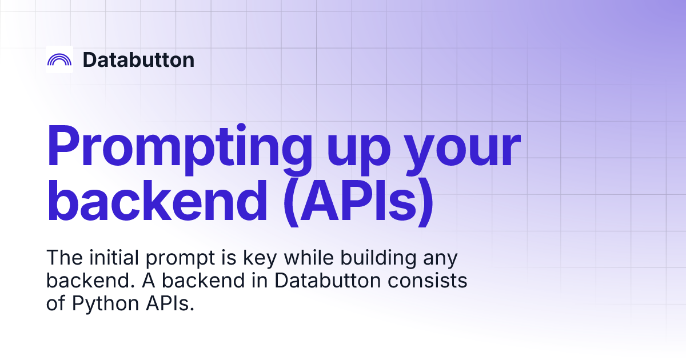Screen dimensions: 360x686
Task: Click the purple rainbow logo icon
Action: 59,59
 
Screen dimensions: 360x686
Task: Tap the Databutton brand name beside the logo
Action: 138,59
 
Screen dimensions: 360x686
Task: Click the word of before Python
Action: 56,303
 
